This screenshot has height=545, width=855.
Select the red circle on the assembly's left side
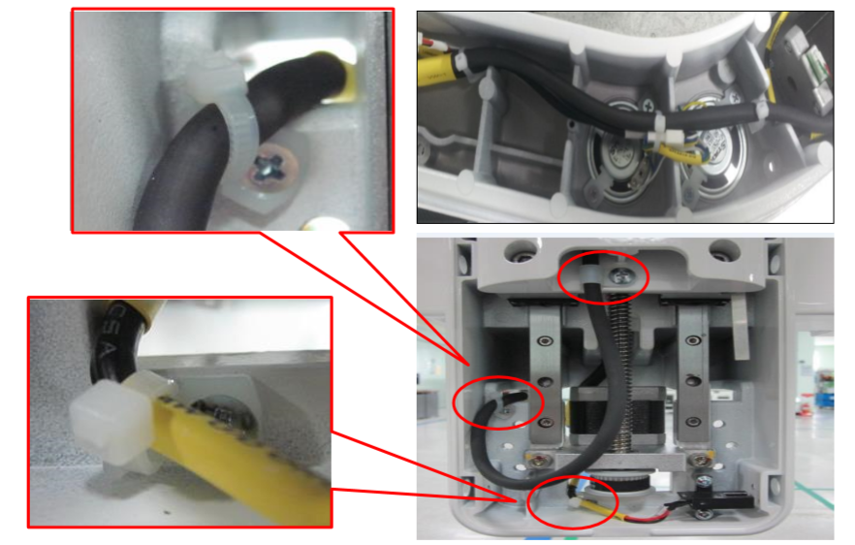[x=500, y=401]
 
